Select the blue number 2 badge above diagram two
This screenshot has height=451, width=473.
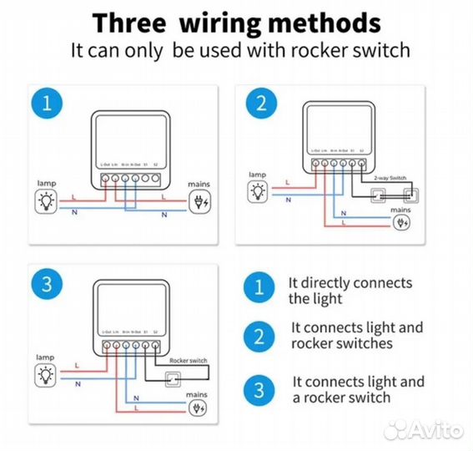point(259,104)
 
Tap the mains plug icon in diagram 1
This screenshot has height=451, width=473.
point(200,200)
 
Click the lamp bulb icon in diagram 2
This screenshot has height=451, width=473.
point(259,191)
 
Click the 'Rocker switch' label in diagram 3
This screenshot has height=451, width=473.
point(187,361)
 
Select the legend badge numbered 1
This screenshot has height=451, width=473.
point(258,290)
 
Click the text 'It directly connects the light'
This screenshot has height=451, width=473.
point(350,291)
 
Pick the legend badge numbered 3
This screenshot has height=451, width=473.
point(258,388)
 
